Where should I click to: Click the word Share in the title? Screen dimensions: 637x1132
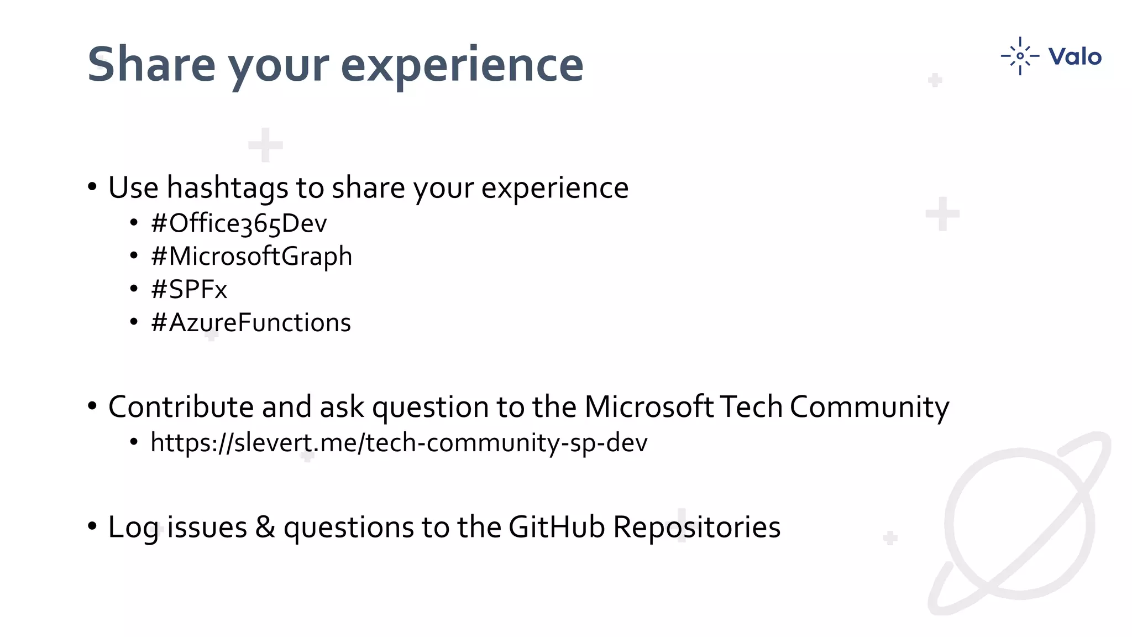coord(151,65)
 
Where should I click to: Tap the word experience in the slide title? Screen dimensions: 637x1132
coord(462,65)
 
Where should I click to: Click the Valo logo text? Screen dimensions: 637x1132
coord(1075,56)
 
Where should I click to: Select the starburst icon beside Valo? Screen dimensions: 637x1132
coord(1020,56)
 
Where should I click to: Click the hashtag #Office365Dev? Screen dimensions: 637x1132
coord(239,223)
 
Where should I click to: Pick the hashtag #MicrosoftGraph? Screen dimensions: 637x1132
coord(251,257)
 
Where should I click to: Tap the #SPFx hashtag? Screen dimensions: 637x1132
coord(188,290)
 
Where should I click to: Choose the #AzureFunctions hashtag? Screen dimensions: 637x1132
coord(250,323)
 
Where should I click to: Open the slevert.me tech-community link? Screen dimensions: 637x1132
coord(399,443)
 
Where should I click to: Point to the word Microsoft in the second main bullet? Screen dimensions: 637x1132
coord(649,407)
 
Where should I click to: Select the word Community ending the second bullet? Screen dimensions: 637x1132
coord(869,407)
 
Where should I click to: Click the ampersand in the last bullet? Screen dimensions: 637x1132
coord(265,527)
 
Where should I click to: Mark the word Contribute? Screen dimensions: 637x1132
coord(181,407)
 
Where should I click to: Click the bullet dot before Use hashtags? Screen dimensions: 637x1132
coord(92,187)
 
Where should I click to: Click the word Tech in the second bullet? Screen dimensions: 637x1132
coord(752,407)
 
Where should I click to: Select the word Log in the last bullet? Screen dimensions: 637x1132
coord(133,527)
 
